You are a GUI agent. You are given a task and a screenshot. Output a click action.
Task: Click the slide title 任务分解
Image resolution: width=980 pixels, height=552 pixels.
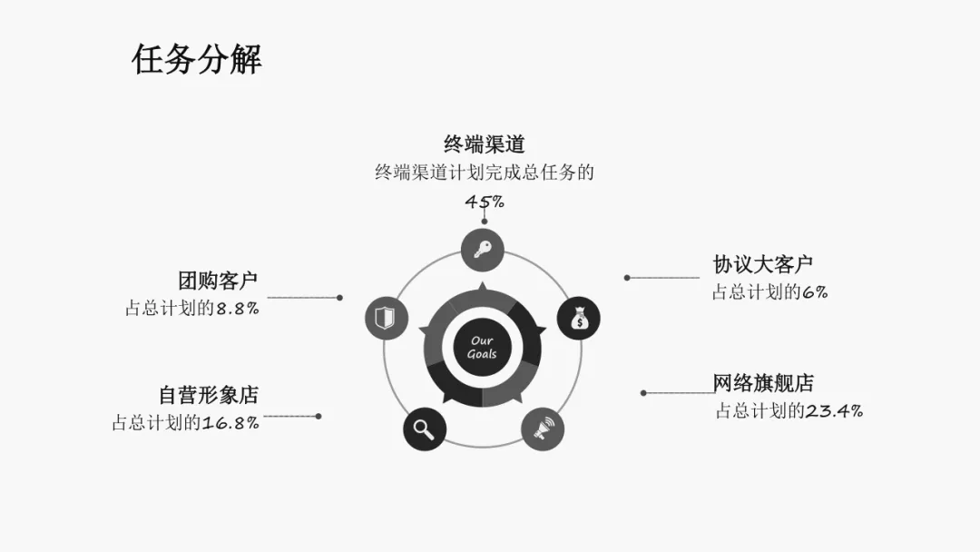pos(197,59)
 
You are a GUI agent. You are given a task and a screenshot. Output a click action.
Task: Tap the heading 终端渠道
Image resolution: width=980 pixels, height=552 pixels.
pos(484,143)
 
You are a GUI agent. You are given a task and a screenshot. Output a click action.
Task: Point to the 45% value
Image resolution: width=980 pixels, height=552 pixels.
pos(485,202)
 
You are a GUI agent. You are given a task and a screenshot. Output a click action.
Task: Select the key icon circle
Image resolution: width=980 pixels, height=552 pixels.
pos(482,249)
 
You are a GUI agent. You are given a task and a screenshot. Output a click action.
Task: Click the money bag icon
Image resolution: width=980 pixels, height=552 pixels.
pos(578,319)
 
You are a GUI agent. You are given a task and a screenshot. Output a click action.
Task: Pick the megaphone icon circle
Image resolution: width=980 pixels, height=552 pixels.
pos(543,429)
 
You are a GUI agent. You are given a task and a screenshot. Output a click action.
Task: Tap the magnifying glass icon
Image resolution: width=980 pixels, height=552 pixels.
pos(425,428)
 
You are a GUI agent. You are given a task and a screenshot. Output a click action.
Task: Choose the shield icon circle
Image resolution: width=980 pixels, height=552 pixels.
pos(387,319)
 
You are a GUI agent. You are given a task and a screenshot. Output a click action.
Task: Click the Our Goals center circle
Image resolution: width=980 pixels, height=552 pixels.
pos(482,348)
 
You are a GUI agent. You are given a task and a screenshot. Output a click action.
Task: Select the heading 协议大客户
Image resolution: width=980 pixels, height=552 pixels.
pos(762,264)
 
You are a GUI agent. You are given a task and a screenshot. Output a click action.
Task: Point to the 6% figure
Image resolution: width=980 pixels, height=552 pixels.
pos(815,292)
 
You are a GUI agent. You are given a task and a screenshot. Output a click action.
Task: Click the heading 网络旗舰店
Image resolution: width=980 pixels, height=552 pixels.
pos(763,382)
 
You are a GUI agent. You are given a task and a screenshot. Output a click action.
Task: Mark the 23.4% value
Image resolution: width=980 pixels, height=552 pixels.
pos(834,410)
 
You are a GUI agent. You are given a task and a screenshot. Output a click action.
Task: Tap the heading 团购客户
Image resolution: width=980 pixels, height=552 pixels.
pos(218,281)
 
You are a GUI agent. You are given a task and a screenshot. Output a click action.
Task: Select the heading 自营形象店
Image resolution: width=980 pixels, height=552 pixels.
pos(208,395)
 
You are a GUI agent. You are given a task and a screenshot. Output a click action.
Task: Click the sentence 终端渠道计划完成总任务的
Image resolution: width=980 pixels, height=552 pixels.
pos(484,172)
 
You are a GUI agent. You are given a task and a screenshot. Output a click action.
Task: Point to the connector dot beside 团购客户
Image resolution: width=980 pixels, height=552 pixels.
pos(339,297)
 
